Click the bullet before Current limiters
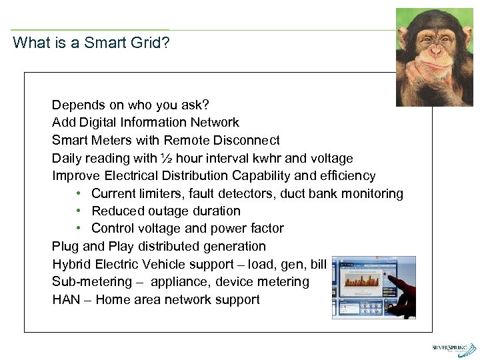(78, 194)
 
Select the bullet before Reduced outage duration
(78, 211)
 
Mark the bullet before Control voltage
(78, 229)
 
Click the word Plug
(65, 247)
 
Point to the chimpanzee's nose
(437, 50)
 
